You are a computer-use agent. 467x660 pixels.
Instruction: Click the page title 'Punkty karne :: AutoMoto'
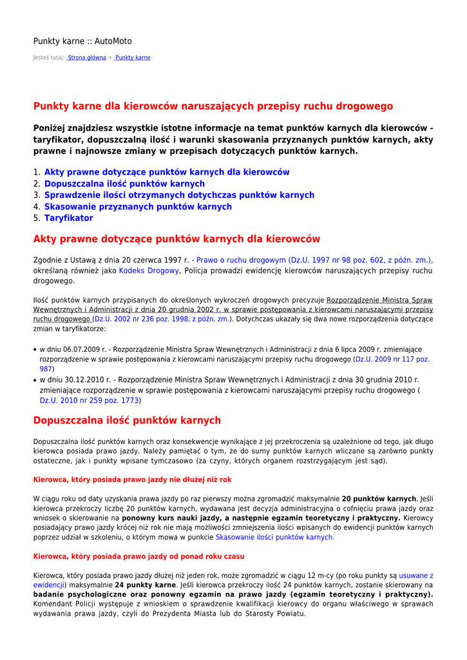(x=82, y=41)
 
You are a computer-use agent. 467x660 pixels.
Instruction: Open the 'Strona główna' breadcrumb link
(x=87, y=57)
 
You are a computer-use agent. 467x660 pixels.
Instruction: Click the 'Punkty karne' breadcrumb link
(x=133, y=57)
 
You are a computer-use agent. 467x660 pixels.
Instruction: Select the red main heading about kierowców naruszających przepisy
(x=213, y=106)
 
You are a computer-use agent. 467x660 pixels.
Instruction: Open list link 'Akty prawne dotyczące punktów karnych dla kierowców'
(x=167, y=172)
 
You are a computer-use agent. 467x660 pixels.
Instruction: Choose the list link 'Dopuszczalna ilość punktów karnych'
(x=124, y=184)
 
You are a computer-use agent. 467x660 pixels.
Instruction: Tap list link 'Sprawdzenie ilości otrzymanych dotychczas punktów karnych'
(x=179, y=195)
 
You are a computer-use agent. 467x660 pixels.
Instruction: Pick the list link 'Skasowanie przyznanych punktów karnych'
(x=138, y=206)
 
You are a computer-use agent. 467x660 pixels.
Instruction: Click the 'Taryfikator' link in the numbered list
(x=68, y=218)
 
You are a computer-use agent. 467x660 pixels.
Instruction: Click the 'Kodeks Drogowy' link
(x=149, y=271)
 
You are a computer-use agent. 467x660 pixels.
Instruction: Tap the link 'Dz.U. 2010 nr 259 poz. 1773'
(x=89, y=400)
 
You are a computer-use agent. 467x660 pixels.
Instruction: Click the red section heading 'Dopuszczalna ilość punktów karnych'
(x=127, y=420)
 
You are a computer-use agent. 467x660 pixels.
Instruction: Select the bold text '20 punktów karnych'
(x=379, y=499)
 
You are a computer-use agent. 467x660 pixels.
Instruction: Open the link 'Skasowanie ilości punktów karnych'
(x=274, y=537)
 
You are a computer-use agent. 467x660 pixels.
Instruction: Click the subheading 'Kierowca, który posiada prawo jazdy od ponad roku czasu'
(x=138, y=556)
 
